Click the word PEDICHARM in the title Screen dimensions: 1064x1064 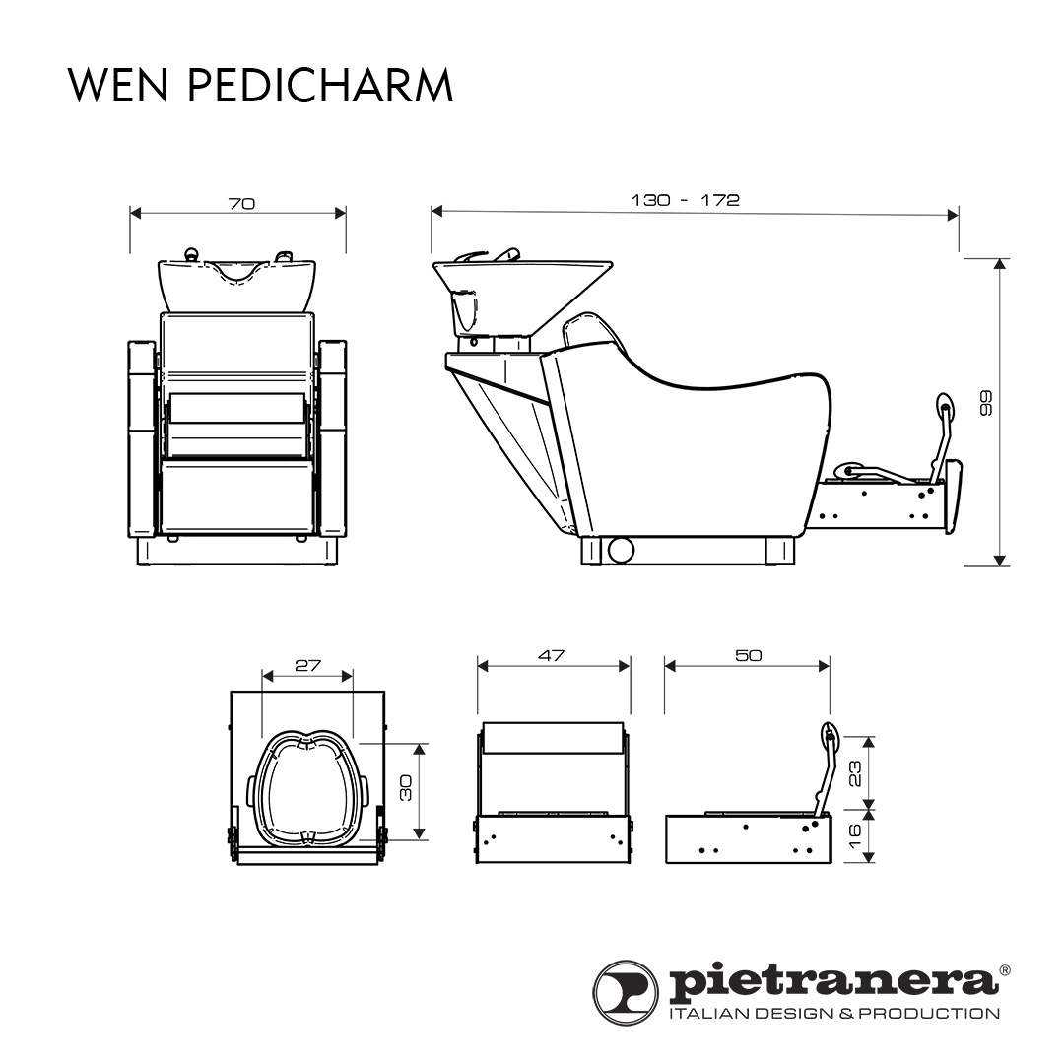(319, 86)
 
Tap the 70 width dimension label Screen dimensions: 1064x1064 (241, 204)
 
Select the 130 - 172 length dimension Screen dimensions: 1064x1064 (685, 200)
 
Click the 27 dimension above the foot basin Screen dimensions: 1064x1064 (308, 665)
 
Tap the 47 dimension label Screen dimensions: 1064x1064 (552, 656)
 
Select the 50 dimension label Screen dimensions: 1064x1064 (749, 656)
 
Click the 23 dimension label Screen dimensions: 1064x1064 (855, 771)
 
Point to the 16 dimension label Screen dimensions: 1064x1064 (855, 836)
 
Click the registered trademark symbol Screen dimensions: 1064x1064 (1005, 970)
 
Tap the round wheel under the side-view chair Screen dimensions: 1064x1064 (620, 550)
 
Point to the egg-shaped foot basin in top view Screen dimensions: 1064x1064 (307, 788)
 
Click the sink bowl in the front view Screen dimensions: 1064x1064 (238, 281)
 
